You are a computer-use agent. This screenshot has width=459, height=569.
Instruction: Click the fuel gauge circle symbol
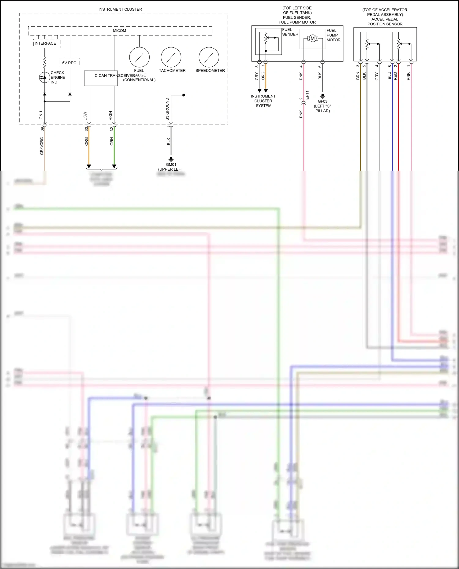click(x=139, y=57)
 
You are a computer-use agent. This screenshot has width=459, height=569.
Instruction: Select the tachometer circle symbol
click(x=171, y=57)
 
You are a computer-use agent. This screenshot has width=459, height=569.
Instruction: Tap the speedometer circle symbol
click(x=209, y=57)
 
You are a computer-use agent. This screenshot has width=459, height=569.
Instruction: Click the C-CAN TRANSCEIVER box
click(x=101, y=78)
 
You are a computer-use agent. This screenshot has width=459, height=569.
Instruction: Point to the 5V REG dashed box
click(x=69, y=63)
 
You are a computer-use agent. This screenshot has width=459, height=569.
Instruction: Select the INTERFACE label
click(x=45, y=43)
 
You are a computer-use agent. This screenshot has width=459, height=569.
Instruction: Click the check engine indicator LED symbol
click(x=45, y=77)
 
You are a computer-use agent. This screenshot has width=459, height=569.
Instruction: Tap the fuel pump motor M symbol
click(x=312, y=39)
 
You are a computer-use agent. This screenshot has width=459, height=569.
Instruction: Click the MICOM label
click(x=119, y=31)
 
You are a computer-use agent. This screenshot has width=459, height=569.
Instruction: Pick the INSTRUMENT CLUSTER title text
click(x=120, y=9)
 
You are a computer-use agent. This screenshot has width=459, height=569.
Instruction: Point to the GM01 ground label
click(x=171, y=164)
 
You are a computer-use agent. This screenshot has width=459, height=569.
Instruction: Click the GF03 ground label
click(x=323, y=101)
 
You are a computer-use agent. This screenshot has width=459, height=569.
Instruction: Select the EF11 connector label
click(x=307, y=95)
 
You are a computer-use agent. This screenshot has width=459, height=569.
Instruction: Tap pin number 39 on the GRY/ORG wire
click(x=42, y=129)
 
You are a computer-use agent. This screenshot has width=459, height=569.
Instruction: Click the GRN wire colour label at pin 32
click(x=112, y=141)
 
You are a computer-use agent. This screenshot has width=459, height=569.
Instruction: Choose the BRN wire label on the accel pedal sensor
click(x=358, y=76)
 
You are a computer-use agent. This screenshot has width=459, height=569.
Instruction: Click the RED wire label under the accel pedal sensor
click(x=395, y=76)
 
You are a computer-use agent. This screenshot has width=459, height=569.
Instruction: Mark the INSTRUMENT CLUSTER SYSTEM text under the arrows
click(x=263, y=101)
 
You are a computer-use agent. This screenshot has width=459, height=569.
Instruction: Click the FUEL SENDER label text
click(x=290, y=32)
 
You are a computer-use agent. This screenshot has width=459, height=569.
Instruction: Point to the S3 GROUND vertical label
click(x=167, y=109)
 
